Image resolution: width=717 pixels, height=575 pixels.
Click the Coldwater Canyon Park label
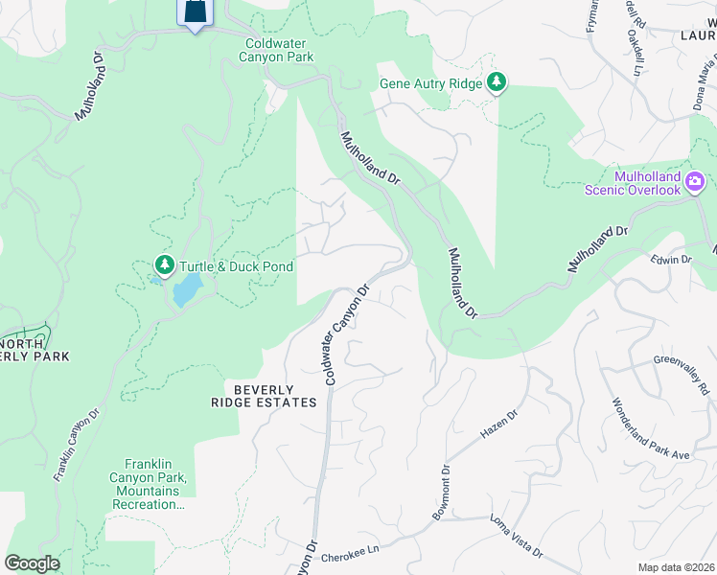coord(279,51)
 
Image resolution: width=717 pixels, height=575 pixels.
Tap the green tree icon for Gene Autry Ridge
coord(497,83)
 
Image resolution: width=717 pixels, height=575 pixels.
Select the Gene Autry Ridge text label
coord(431,84)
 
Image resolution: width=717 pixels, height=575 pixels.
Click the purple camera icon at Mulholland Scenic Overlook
coord(695,180)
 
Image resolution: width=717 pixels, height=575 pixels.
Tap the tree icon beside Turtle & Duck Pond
coord(165,264)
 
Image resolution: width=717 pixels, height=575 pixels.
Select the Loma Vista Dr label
coord(516,539)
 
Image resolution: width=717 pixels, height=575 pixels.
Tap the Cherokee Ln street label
coord(351,547)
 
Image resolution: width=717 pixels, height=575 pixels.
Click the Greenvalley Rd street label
coord(682,375)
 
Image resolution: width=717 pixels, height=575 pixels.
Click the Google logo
coord(32,563)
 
